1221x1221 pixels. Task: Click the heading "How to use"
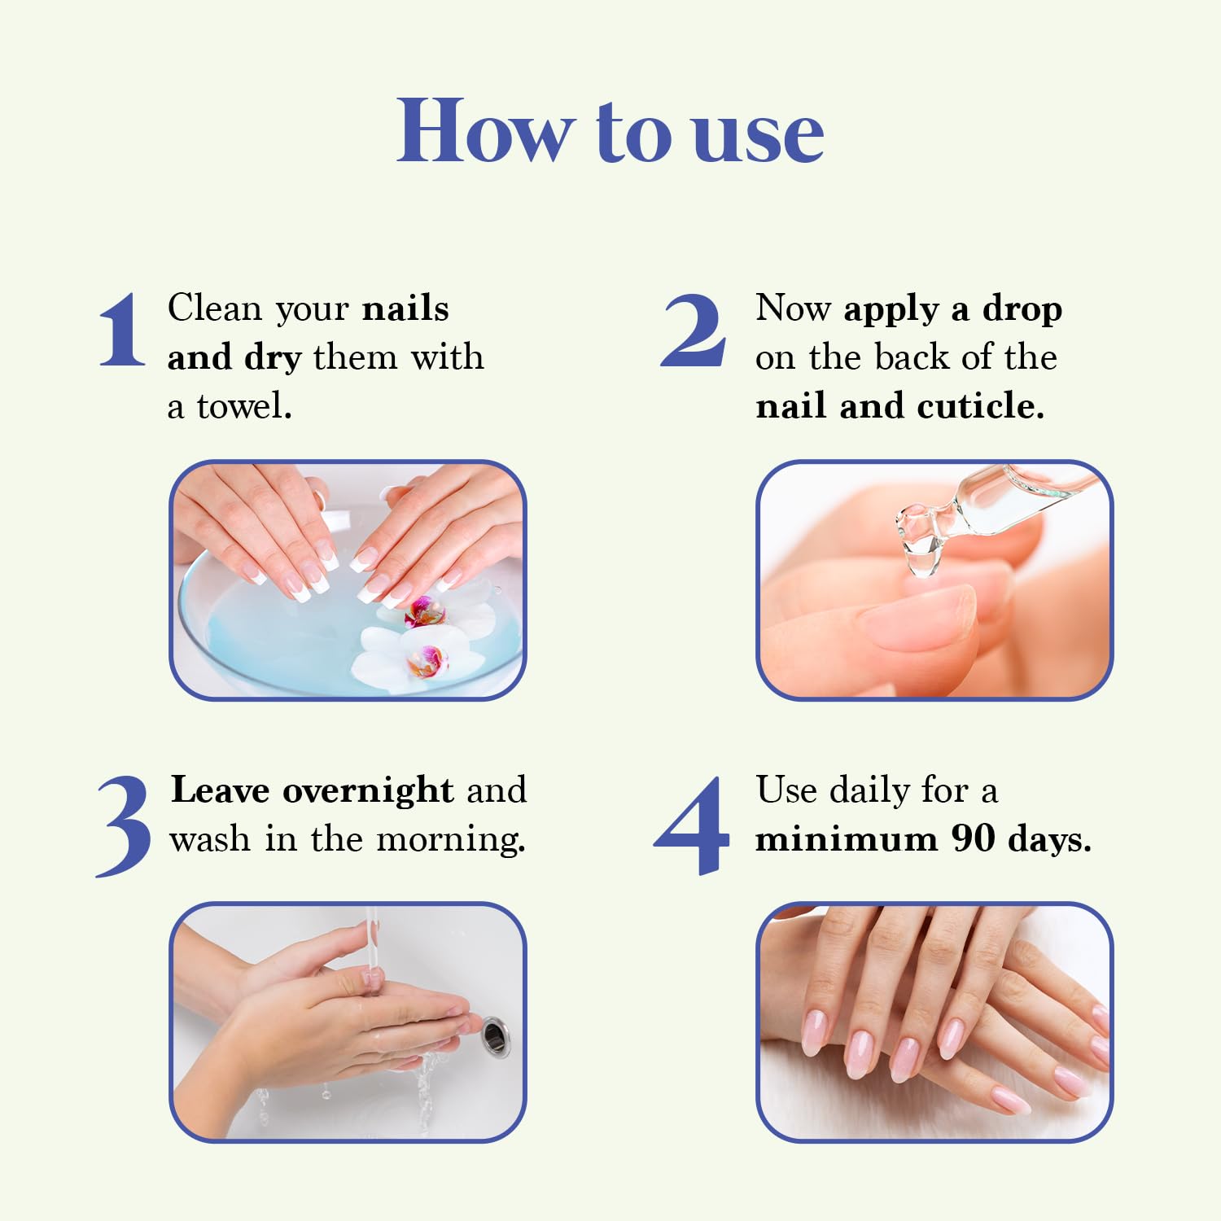610,131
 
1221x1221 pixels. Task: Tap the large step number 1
122,330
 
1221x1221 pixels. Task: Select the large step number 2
693,330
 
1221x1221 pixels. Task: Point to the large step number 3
124,825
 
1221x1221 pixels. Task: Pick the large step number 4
692,825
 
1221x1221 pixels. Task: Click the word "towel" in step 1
243,405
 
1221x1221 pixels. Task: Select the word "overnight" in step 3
368,790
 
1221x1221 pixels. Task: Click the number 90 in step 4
973,838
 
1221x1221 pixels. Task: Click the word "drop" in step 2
1022,309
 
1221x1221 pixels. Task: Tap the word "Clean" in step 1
215,308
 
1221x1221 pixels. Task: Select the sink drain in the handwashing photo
495,1036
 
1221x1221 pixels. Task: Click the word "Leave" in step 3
220,790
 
